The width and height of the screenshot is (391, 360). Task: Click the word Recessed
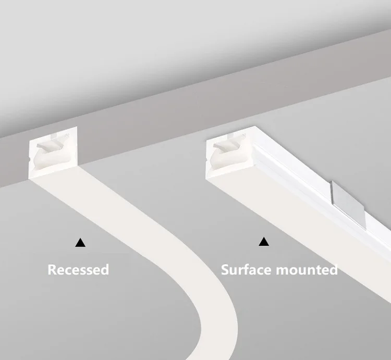coord(78,269)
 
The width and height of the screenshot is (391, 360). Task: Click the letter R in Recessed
coord(52,269)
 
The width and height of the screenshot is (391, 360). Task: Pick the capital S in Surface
coord(226,269)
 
